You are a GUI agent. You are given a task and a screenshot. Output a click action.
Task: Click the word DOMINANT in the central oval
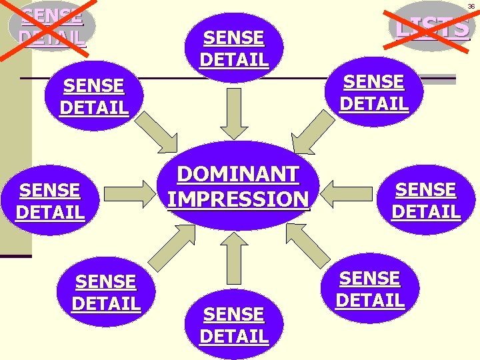point(238,174)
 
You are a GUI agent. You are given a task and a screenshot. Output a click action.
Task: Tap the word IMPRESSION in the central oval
point(238,199)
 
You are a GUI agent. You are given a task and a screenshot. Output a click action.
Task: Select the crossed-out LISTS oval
point(429,26)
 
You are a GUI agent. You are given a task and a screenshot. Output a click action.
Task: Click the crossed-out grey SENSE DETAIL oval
point(52,26)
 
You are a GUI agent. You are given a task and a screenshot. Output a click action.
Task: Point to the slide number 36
point(471,7)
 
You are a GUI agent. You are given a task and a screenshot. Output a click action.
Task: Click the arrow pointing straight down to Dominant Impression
point(234,114)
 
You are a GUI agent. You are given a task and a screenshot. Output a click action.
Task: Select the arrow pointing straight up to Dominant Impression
point(234,258)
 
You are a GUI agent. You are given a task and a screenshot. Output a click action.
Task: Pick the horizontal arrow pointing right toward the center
point(130,194)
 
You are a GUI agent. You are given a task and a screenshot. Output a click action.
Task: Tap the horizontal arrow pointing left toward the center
point(346,194)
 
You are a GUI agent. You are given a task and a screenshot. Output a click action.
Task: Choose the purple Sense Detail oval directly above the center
point(234,48)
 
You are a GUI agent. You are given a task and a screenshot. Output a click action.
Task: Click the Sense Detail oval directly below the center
point(234,325)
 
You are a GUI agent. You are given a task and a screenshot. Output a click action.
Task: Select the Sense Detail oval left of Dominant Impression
point(50,201)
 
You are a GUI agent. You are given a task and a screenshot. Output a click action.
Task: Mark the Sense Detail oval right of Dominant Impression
point(426,200)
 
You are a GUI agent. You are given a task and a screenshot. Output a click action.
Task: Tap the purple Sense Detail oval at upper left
point(94,96)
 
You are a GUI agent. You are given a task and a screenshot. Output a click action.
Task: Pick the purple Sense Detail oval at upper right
point(374,92)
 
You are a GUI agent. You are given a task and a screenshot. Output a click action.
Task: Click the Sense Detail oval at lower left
point(106,292)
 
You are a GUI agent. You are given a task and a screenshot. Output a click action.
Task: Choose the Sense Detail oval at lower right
point(370,289)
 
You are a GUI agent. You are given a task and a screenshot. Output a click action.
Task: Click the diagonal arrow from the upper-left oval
point(157,132)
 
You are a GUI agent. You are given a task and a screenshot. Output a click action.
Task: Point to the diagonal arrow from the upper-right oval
point(313,132)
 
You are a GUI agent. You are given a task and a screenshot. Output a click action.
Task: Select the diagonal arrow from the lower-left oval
point(172,248)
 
